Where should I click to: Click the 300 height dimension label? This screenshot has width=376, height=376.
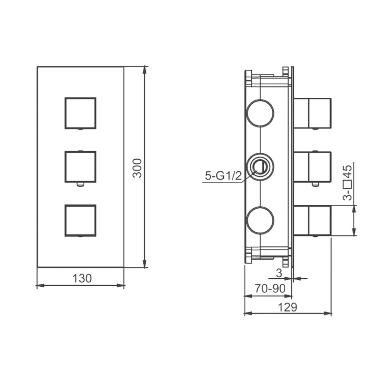point(137,168)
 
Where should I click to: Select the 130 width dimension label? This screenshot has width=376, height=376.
point(82,278)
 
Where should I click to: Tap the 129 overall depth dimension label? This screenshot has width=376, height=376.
point(288,307)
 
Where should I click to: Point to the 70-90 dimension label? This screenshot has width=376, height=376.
point(270,288)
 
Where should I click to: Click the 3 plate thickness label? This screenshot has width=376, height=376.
point(279,273)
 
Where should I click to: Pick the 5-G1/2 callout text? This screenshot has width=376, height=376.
point(223,176)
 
